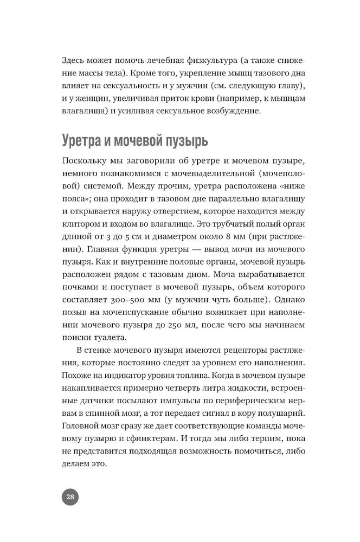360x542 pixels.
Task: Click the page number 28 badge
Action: click(69, 498)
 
